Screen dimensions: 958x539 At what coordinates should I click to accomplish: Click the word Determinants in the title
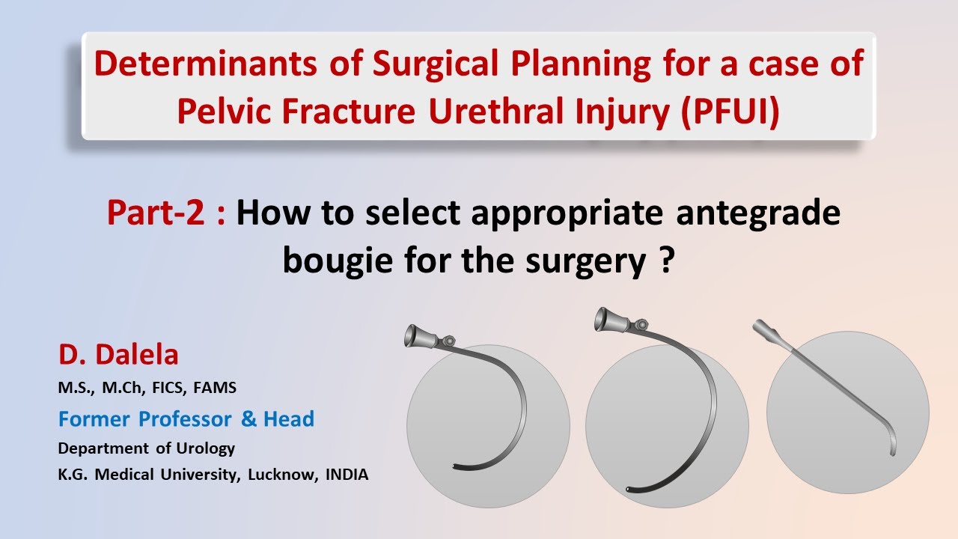[x=205, y=63]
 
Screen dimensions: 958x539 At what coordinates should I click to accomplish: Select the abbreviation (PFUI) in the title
[x=730, y=111]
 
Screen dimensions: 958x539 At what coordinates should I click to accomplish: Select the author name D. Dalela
[x=118, y=355]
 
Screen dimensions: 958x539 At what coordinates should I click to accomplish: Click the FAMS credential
[x=215, y=388]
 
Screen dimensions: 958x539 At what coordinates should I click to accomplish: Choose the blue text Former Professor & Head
[x=186, y=418]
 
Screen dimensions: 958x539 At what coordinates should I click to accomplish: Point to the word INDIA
[x=347, y=475]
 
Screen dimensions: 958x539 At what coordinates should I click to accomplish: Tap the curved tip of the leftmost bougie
[x=455, y=466]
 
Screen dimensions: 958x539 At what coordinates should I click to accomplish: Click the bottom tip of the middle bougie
[x=628, y=489]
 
